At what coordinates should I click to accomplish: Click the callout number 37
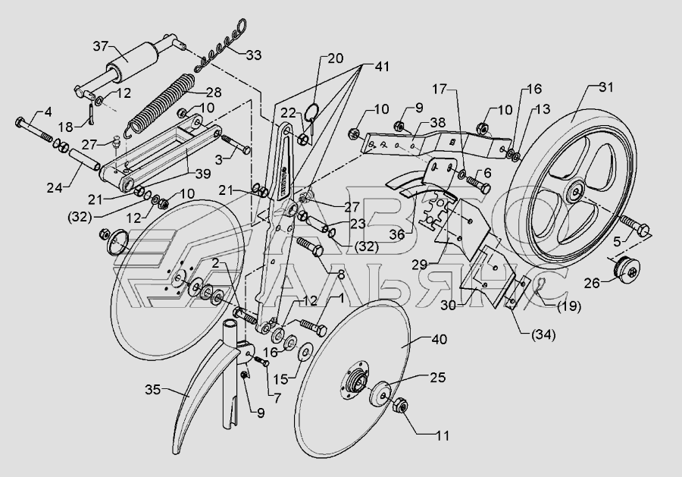pyautogui.click(x=101, y=46)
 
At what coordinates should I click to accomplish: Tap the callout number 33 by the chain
pyautogui.click(x=254, y=55)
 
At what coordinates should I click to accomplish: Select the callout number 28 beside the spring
pyautogui.click(x=214, y=93)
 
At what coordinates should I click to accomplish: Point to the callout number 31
pyautogui.click(x=606, y=87)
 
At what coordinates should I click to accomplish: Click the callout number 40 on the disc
pyautogui.click(x=440, y=339)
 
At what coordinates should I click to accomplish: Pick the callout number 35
pyautogui.click(x=152, y=390)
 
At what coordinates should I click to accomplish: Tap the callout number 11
pyautogui.click(x=443, y=435)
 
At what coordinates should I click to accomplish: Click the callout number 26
pyautogui.click(x=592, y=284)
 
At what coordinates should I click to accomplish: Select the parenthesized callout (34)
pyautogui.click(x=544, y=334)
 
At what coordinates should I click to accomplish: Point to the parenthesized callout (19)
pyautogui.click(x=569, y=306)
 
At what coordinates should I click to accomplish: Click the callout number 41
pyautogui.click(x=381, y=67)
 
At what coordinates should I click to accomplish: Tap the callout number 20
pyautogui.click(x=336, y=58)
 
